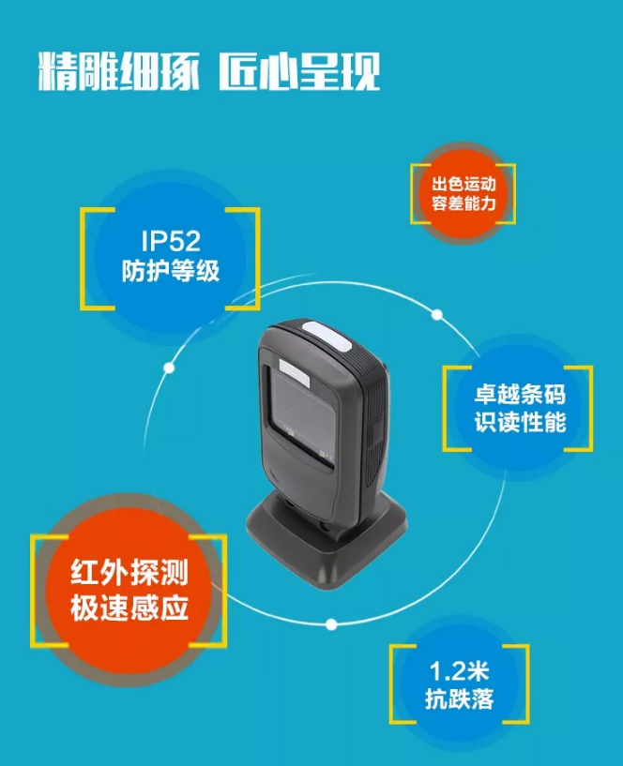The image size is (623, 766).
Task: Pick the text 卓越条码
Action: [518, 395]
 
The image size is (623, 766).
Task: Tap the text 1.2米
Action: [459, 670]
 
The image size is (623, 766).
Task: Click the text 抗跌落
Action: [459, 698]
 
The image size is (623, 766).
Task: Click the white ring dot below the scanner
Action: [330, 623]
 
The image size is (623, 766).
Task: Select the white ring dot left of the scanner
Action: [169, 367]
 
